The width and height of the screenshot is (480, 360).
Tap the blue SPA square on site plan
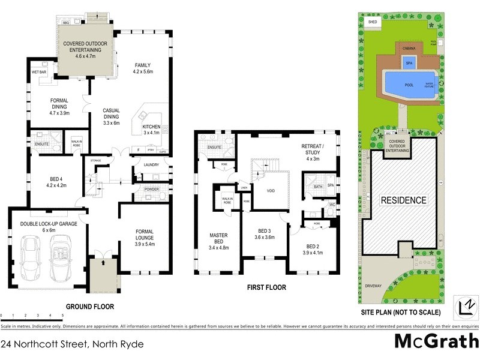(x=409, y=63)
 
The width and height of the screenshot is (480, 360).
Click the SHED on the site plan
(x=372, y=22)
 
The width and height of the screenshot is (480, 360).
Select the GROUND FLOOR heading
(x=89, y=306)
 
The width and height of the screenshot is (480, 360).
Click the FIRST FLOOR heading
(x=266, y=287)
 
